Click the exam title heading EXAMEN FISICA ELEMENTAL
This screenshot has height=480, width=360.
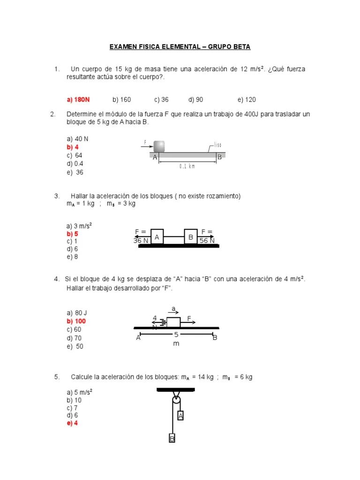180,47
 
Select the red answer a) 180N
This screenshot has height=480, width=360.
78,99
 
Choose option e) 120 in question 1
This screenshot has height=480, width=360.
247,99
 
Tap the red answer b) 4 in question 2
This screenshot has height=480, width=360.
73,147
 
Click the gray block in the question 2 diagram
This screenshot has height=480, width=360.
159,146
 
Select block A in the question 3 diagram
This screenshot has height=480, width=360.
157,237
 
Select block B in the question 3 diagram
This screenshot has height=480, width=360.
191,237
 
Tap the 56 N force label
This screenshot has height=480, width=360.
207,240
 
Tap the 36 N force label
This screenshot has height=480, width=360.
141,240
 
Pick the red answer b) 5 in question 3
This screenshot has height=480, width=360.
72,233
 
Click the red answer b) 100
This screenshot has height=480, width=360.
76,321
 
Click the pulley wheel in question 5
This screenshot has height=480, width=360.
176,400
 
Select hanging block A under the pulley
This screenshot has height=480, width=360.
180,416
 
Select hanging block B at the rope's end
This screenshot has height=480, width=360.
172,439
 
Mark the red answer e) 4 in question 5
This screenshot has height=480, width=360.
72,423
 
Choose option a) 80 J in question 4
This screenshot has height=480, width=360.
75,313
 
